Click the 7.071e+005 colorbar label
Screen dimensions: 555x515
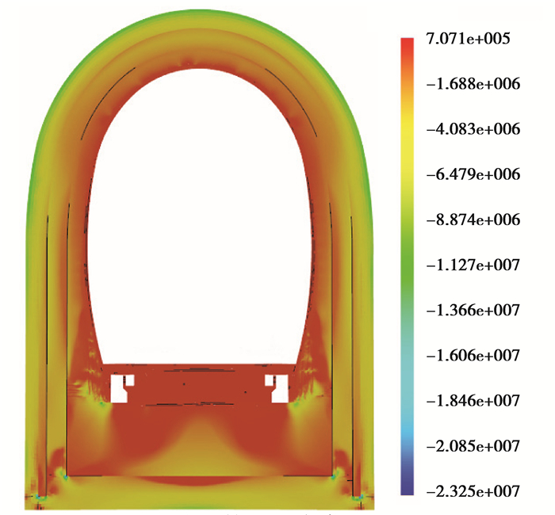468,39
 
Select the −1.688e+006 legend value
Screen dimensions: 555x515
473,84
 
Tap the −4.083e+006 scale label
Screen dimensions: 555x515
473,129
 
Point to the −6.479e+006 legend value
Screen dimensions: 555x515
473,174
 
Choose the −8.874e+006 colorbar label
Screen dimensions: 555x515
473,219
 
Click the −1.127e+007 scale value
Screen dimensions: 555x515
473,265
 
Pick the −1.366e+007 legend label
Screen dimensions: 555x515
473,311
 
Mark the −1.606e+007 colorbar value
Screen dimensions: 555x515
473,355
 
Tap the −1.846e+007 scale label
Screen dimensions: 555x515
473,400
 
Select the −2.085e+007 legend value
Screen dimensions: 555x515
473,445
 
